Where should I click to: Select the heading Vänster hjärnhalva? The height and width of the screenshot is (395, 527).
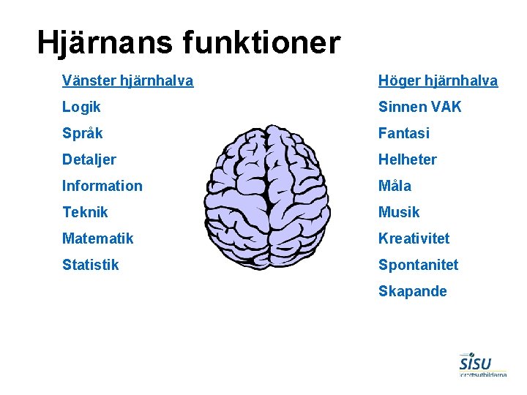pos(127,80)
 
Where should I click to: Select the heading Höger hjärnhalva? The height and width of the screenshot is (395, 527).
pos(438,80)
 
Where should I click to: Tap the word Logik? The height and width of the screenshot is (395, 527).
pos(81,107)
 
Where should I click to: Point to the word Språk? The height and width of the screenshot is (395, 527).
pos(83,134)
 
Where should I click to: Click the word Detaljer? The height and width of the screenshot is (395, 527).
pos(89,159)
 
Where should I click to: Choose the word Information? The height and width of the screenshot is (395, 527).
pos(102,186)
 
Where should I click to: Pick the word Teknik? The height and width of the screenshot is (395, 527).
pos(85,212)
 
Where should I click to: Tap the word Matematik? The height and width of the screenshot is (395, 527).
pos(98,238)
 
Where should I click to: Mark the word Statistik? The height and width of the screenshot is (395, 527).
pos(90,265)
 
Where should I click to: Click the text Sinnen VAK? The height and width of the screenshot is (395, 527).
pos(419,107)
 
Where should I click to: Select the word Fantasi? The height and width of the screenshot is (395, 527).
pos(403,133)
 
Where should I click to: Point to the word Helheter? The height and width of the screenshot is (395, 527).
pos(407,159)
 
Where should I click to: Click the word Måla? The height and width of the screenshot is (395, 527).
pos(395,186)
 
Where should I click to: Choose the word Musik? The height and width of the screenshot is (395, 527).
pos(399,212)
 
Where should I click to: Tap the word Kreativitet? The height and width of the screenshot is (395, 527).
pos(414,238)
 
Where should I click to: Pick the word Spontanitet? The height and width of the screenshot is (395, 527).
pos(418,265)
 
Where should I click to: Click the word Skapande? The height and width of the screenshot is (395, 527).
pos(412,291)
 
